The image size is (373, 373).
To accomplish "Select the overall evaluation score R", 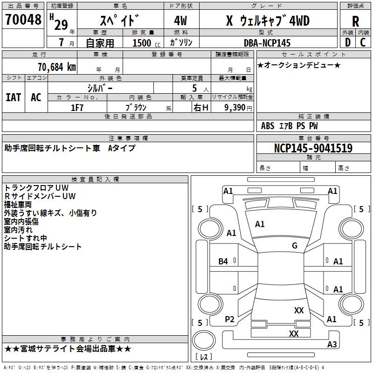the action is point(355,21).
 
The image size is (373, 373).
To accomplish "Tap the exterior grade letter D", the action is point(347,42).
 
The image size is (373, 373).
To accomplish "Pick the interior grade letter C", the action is point(363,42).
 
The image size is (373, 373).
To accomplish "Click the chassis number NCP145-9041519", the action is point(313,148).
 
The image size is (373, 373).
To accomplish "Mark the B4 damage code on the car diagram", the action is point(223,262).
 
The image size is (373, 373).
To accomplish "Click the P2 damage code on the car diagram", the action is point(229,319).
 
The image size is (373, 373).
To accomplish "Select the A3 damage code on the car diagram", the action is point(332,345).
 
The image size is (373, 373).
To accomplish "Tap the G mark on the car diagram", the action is point(295,246).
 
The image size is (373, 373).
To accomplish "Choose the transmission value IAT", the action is point(13,97).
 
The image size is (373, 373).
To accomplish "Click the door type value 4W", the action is point(180,21).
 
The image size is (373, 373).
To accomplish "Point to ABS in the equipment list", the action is point(268,125).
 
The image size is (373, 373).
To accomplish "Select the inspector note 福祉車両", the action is point(18,205).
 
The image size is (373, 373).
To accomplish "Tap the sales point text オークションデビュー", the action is point(298,65).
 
